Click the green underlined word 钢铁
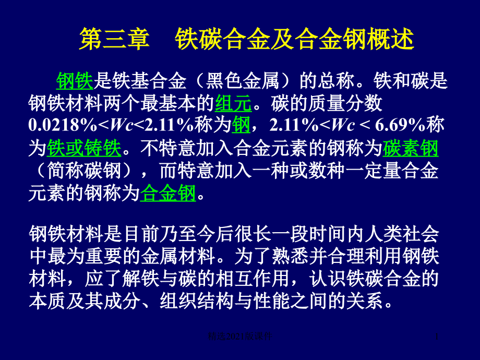(74, 81)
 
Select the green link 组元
(233, 104)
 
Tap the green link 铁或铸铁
(83, 149)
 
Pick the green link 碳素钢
(410, 149)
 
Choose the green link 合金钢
(168, 194)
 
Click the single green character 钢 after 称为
(241, 126)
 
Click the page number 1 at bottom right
(437, 339)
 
